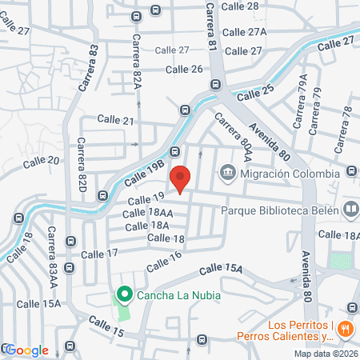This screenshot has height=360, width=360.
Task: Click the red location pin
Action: coord(182,180)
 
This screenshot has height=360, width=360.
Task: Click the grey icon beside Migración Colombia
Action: coord(228,172)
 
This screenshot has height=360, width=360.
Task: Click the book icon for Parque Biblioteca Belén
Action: coord(351,210)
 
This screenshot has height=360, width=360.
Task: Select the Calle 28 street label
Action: coord(242,6)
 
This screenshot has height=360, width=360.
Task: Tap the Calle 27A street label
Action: coord(244,33)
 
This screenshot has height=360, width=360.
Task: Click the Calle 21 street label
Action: coord(116,118)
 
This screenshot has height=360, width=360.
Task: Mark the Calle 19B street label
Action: coord(144,170)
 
